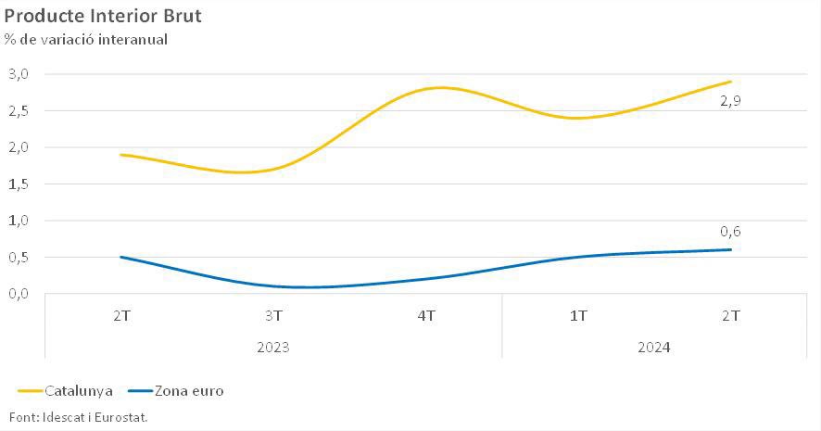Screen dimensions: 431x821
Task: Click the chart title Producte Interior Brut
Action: [x=103, y=16]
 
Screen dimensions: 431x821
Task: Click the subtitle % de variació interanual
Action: [x=85, y=39]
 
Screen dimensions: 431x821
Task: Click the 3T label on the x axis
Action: [x=273, y=316]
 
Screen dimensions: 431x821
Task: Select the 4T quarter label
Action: [x=426, y=316]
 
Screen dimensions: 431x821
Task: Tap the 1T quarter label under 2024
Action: [x=578, y=316]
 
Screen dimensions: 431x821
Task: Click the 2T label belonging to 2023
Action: [x=121, y=316]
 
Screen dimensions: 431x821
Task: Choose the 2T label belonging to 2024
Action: [x=731, y=316]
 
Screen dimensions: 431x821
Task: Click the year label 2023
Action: [x=273, y=348]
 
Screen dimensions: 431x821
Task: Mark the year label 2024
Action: [x=654, y=348]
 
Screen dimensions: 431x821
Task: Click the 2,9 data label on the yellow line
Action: [x=730, y=100]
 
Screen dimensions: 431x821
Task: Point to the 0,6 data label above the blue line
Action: [x=730, y=232]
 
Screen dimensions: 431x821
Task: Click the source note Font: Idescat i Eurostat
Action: [x=79, y=417]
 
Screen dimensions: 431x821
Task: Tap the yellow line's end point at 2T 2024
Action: [x=731, y=82]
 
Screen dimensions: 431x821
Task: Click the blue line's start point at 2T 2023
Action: [x=121, y=257]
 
